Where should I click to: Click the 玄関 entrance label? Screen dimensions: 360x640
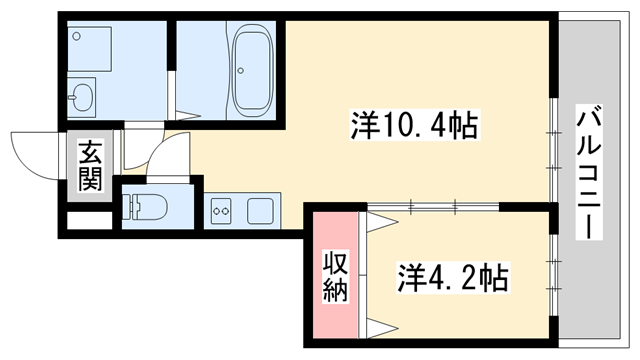90,167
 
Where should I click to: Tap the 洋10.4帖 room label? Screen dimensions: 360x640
412,126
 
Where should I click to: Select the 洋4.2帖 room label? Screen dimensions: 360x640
453,275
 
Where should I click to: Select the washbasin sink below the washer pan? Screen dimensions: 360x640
82,100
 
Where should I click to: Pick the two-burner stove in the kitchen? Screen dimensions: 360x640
222,211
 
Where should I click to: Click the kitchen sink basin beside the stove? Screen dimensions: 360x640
260,211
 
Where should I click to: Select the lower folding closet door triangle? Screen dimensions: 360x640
379,325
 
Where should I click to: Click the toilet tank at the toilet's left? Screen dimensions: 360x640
128,208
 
